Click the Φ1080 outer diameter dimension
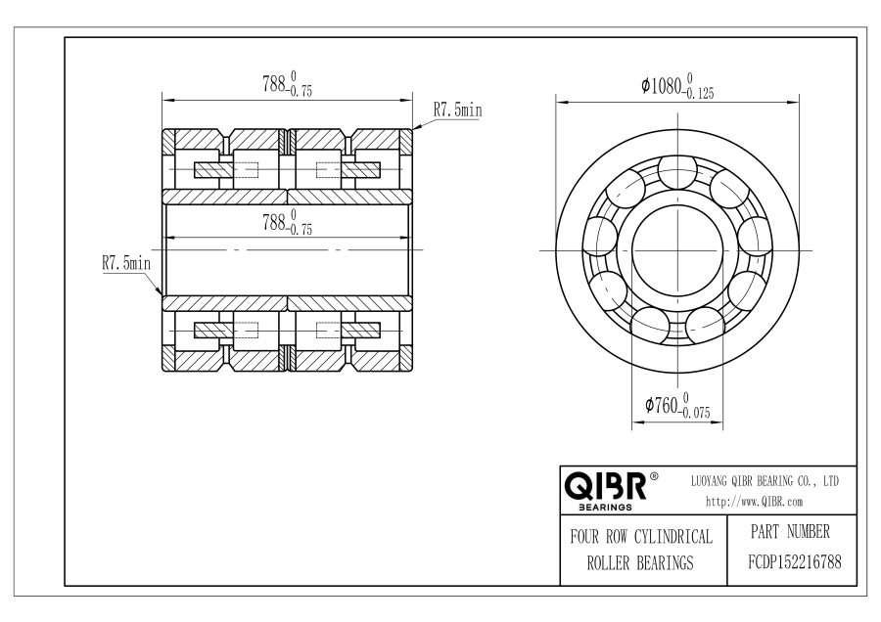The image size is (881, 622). click(x=677, y=86)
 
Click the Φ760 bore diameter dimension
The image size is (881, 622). click(x=677, y=405)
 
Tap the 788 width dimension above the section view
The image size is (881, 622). click(x=287, y=84)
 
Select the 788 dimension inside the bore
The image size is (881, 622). click(x=287, y=222)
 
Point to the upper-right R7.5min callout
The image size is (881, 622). click(x=457, y=110)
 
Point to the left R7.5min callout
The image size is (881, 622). click(x=126, y=263)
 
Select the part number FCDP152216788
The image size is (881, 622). click(x=795, y=562)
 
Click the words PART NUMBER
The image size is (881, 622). click(x=790, y=531)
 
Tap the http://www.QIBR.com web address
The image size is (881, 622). click(x=754, y=502)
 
